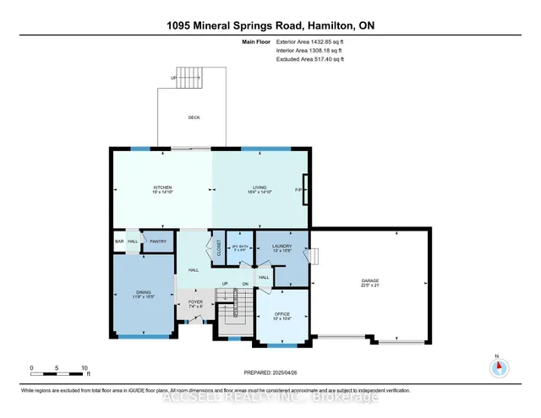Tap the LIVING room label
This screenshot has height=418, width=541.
coord(259,188)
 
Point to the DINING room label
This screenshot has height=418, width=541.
coord(143,292)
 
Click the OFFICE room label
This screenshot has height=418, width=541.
coord(281,313)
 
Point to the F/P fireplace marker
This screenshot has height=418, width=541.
coord(299,189)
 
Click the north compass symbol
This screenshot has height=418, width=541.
coord(497,366)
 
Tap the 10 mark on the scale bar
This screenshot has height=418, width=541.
coord(84,368)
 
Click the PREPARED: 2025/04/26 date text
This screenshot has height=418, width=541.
coord(270,368)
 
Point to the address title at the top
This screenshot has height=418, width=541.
coord(270,25)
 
